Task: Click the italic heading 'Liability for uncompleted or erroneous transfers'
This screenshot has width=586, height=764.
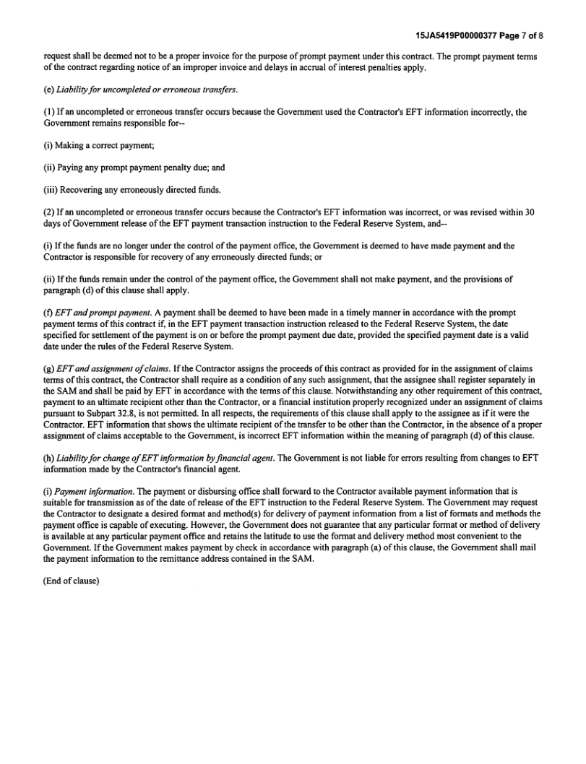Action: tap(147, 90)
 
